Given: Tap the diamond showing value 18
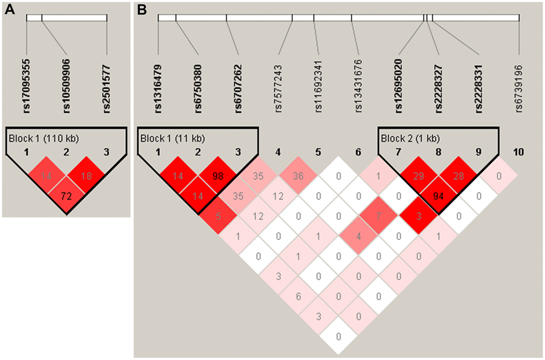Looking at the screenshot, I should [x=86, y=176].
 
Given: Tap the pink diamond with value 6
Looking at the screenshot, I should [x=298, y=296].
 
